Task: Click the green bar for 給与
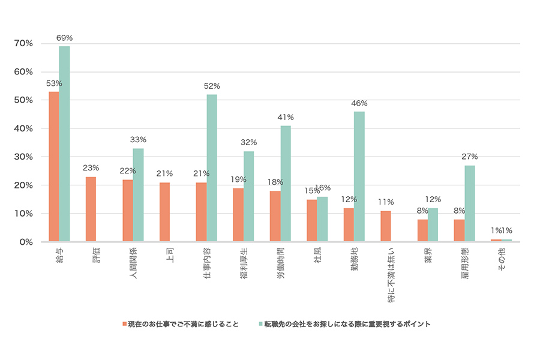(x=64, y=144)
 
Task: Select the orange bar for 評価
(x=91, y=209)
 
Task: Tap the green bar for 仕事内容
(x=211, y=168)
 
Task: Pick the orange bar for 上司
(x=164, y=212)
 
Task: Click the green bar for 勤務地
(x=359, y=176)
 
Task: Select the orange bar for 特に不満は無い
(x=385, y=226)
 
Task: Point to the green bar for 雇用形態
(x=469, y=203)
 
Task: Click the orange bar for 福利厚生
(x=238, y=215)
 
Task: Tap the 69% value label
(x=64, y=38)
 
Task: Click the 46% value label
(x=359, y=103)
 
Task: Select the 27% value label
(x=470, y=157)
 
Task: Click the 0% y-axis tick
(x=26, y=242)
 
